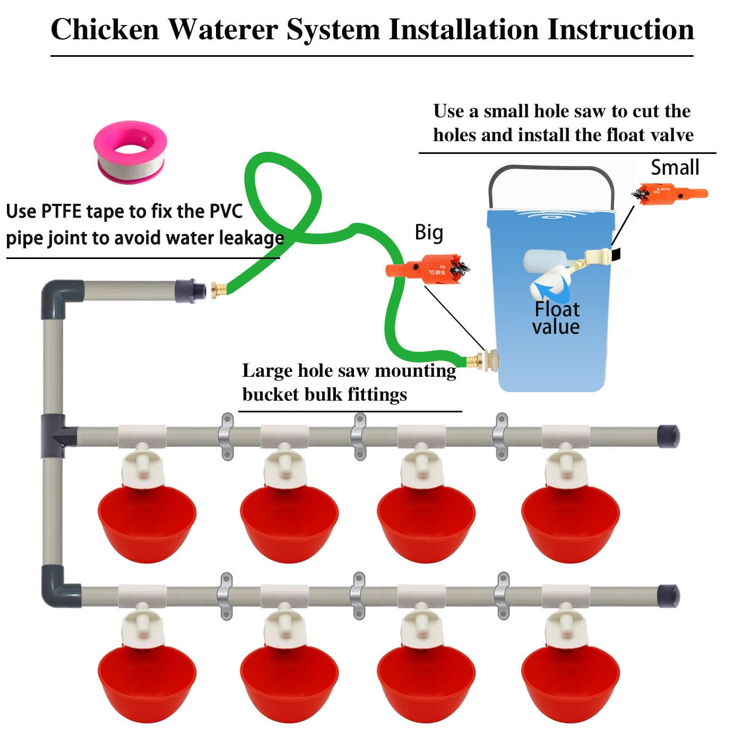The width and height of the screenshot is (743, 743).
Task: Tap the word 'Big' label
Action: point(429,232)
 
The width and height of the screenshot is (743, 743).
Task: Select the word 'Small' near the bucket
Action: point(675,168)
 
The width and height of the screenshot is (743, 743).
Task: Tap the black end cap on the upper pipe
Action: point(668,437)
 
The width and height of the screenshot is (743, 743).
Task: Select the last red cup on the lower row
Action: point(571,682)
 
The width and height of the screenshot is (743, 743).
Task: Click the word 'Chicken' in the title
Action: point(105,29)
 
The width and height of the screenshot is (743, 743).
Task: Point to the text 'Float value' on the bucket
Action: point(556,318)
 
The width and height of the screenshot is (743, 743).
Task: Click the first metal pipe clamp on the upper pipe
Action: point(227,436)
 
